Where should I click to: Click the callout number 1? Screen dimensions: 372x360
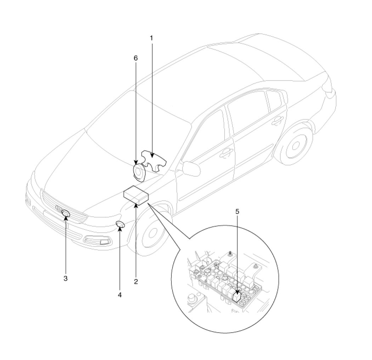tap(151, 38)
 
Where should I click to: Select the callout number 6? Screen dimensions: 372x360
tap(136, 58)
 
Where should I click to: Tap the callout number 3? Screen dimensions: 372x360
tap(66, 278)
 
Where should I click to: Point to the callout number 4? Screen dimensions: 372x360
tap(120, 295)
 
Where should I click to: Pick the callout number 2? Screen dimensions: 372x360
tap(136, 282)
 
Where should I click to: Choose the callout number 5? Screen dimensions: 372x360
tap(237, 212)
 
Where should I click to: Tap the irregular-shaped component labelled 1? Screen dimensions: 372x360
tap(154, 161)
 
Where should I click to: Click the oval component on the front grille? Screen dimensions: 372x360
tap(66, 213)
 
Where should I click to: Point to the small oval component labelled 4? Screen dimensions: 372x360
tap(120, 224)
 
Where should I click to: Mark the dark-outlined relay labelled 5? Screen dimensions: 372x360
tap(237, 297)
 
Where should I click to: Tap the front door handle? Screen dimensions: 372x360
tap(226, 154)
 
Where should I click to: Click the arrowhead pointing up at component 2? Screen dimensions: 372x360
tap(136, 206)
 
